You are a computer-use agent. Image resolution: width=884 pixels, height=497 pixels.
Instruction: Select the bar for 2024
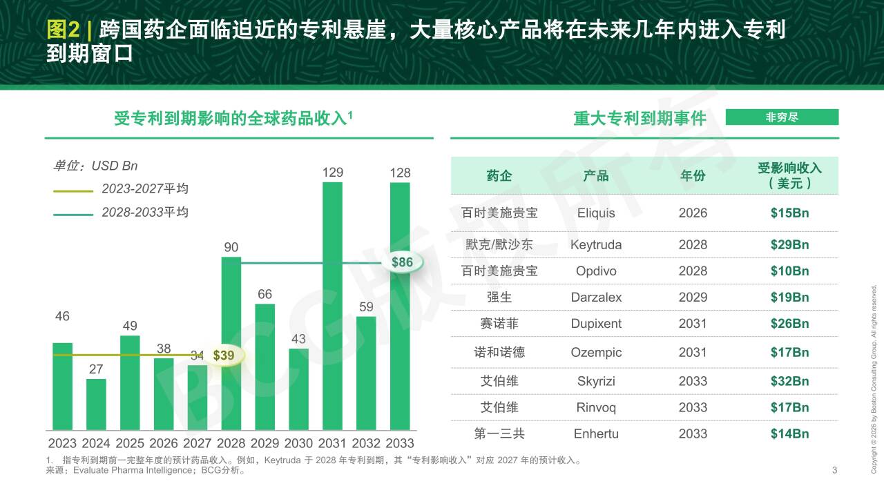pos(96,405)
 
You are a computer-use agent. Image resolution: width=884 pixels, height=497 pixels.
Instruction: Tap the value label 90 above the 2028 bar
pos(231,247)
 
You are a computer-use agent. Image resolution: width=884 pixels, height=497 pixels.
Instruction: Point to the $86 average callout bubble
pos(402,262)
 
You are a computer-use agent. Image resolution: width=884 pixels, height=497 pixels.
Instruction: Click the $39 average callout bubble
pos(224,355)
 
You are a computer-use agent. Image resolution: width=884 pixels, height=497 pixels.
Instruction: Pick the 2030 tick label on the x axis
pos(298,443)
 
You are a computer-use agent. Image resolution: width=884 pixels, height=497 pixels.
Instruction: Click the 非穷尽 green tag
pos(782,117)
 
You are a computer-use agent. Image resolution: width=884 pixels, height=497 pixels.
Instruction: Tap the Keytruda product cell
pos(596,245)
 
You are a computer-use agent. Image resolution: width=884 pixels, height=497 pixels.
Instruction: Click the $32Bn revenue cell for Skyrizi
pos(789,381)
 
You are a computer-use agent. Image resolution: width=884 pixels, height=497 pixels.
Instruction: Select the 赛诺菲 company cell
pos(499,324)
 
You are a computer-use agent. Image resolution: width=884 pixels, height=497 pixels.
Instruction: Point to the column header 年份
pos(693,176)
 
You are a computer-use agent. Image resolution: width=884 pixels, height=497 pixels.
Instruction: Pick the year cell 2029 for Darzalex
pos(693,298)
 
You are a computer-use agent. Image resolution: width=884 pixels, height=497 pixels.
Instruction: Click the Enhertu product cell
pos(596,434)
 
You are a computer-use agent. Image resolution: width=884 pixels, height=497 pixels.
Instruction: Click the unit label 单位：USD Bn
pos(95,166)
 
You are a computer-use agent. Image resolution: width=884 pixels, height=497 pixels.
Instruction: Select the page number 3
pos(834,471)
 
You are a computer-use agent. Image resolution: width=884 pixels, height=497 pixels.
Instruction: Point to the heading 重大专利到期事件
pos(640,119)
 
